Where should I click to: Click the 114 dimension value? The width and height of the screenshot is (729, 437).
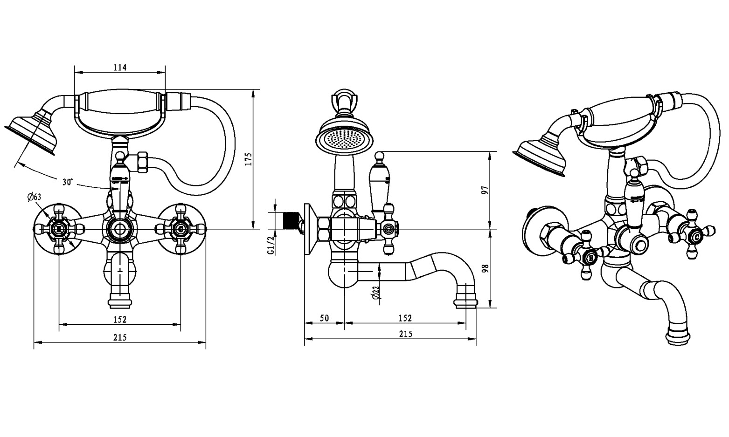120,67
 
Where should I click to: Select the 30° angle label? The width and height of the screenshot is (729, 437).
68,182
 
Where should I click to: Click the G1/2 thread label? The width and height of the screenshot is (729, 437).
271,246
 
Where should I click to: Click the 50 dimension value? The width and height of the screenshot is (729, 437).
324,318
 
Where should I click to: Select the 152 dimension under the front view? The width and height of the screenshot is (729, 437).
120,320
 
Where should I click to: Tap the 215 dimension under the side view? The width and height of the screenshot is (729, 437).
405,334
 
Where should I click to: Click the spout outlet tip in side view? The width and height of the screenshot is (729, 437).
465,302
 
